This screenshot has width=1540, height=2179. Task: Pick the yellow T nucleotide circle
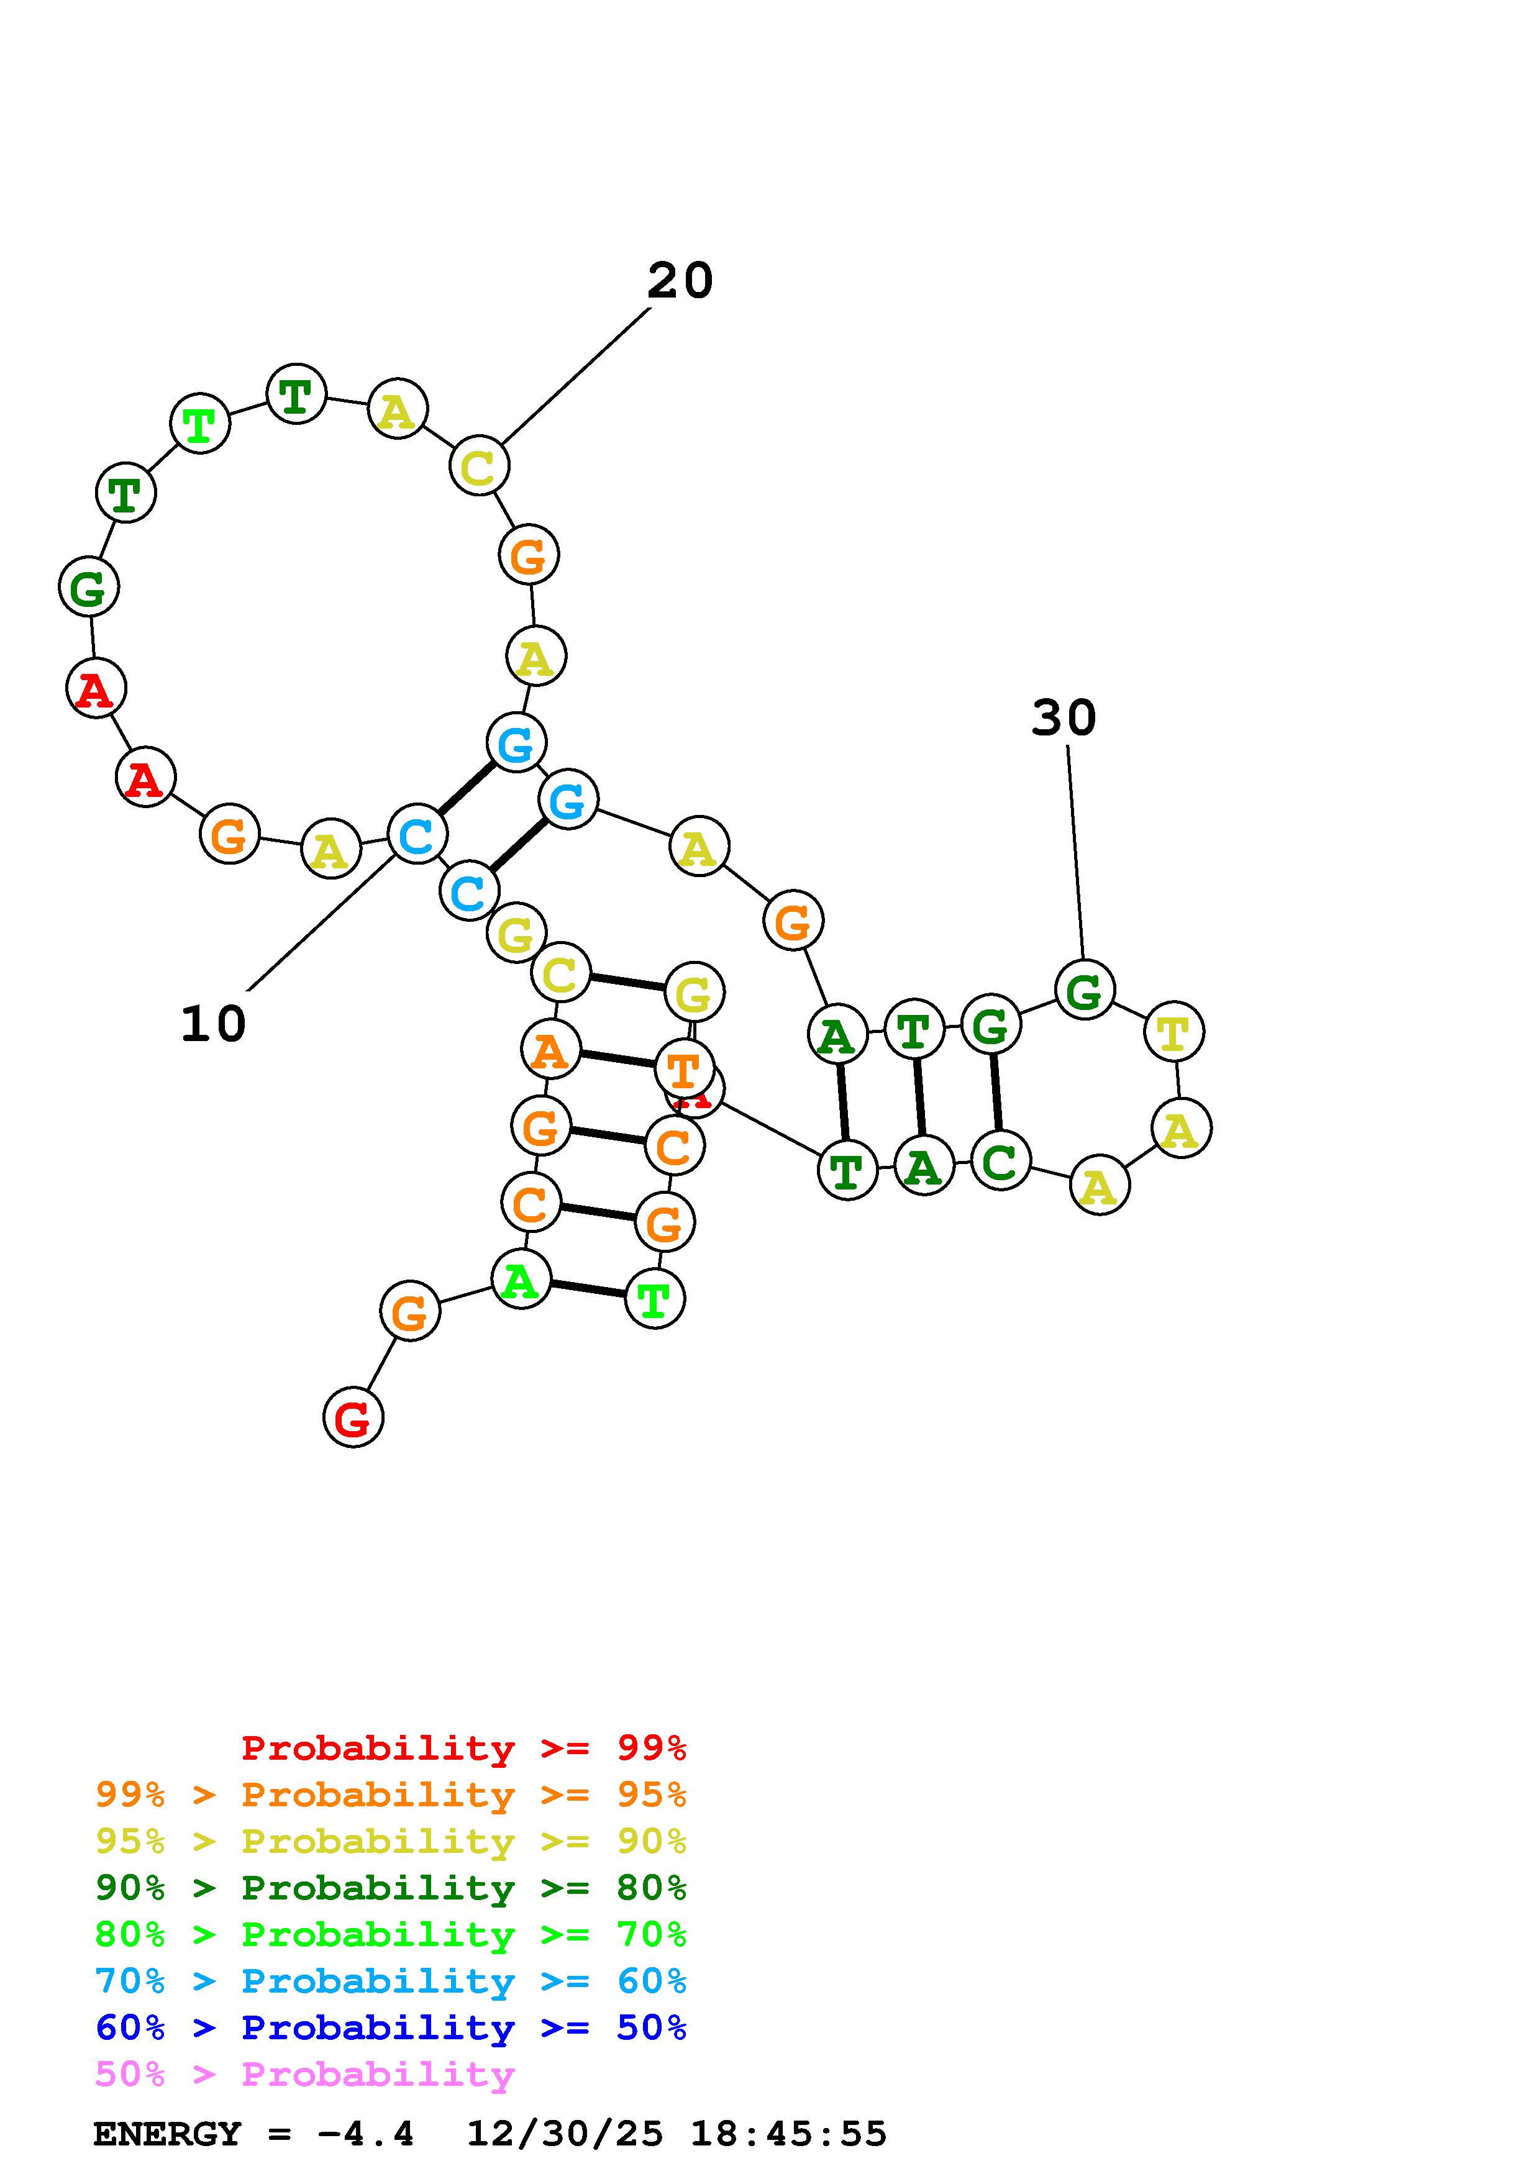click(x=1173, y=1032)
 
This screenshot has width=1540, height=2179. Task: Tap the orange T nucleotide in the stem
click(x=684, y=1070)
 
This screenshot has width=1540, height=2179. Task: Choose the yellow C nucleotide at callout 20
click(x=478, y=466)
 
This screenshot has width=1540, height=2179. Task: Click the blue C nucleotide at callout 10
click(x=417, y=834)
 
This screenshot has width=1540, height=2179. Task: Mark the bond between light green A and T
click(x=587, y=1289)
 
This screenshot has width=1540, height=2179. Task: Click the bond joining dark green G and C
click(x=995, y=1093)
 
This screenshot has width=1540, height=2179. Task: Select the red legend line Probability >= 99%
click(x=463, y=1748)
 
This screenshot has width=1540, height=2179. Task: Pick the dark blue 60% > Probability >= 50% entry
click(x=390, y=2028)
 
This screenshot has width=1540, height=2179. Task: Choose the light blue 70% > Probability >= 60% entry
click(x=390, y=1981)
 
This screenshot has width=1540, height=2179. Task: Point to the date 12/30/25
click(x=565, y=2134)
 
